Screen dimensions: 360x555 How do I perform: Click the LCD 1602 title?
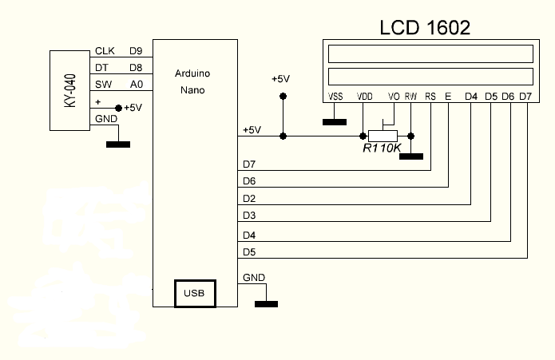[x=424, y=26]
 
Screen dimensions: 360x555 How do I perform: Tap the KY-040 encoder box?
[x=70, y=89]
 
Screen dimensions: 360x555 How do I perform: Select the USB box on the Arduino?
[x=194, y=294]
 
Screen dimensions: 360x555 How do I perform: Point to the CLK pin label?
[x=105, y=52]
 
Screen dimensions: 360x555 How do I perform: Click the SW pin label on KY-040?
[x=103, y=85]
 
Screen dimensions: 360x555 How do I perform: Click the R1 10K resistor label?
[x=381, y=148]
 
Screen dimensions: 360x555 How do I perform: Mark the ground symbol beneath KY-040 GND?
[x=118, y=144]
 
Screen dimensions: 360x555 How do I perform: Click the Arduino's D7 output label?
[x=248, y=164]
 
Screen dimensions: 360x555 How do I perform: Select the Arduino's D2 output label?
[x=248, y=198]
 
